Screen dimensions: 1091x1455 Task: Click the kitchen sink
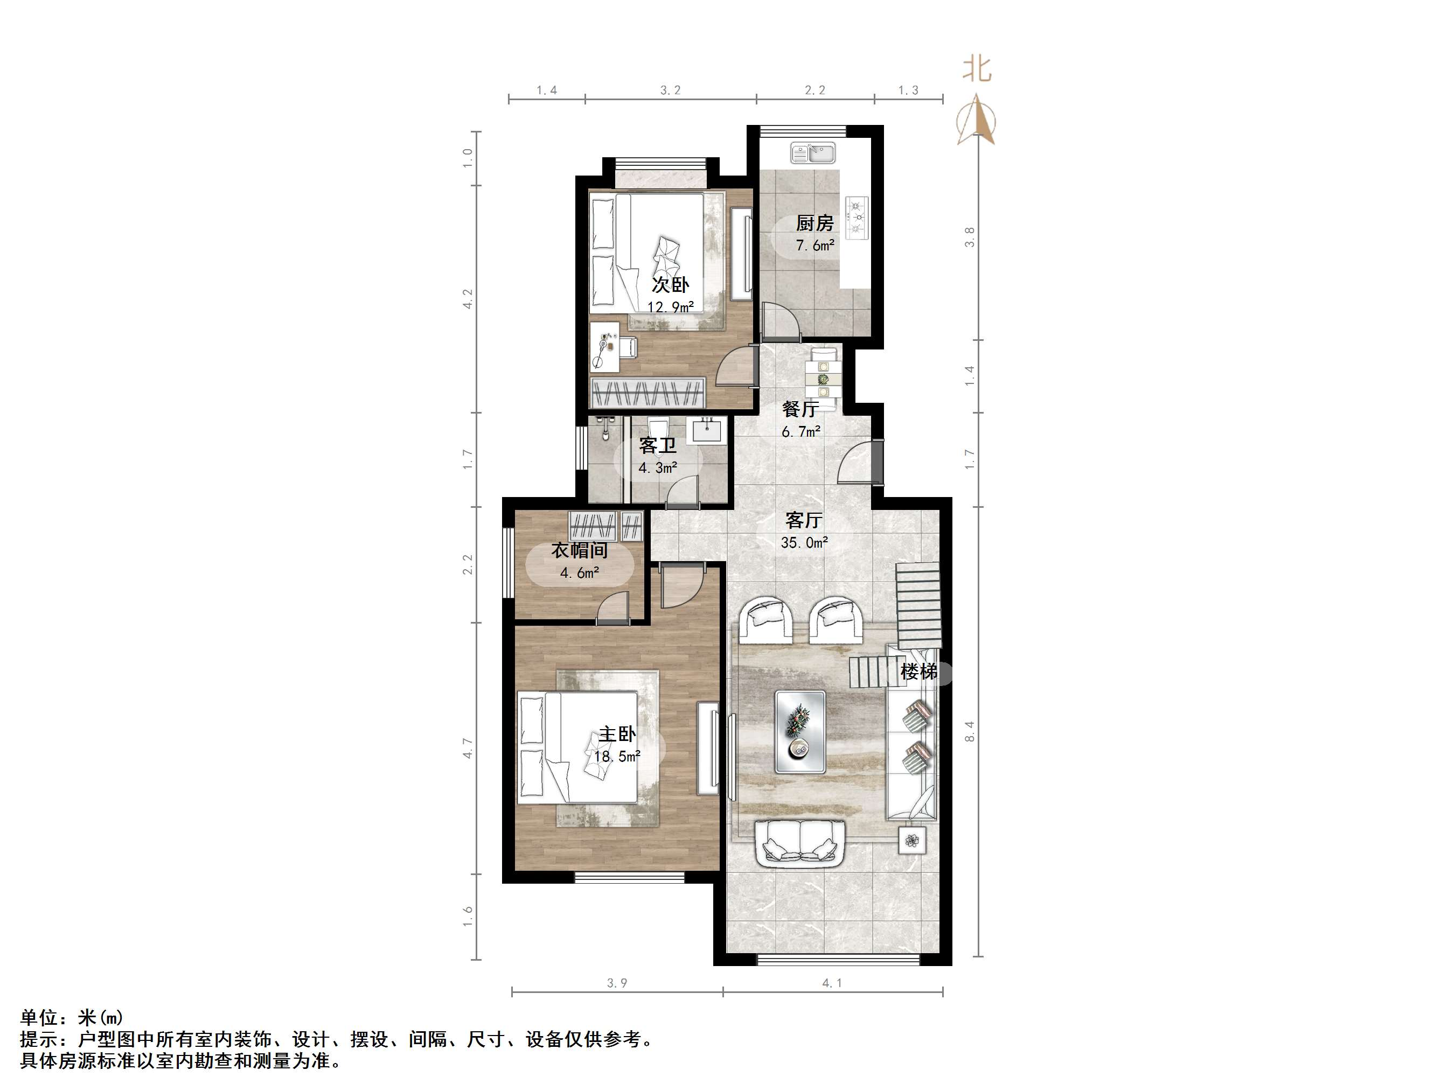[x=813, y=153]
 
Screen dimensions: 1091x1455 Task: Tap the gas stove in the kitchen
[x=857, y=217]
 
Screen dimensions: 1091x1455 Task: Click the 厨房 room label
[x=815, y=223]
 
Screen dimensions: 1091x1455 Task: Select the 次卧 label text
[x=670, y=285]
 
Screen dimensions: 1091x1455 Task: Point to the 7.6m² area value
[x=815, y=246]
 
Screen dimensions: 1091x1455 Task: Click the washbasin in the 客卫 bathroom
[x=707, y=431]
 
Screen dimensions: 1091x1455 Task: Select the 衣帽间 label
[x=579, y=550]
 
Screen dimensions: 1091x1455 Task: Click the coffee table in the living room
[x=800, y=731]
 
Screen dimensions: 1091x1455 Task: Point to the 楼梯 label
[x=919, y=672]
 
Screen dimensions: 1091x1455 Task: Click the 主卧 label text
[x=617, y=734]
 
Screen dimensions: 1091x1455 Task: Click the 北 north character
[x=977, y=69]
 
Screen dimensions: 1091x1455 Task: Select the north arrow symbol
[x=977, y=122]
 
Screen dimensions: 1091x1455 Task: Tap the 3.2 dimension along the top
[x=670, y=90]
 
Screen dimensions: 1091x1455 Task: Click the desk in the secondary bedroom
[x=605, y=348]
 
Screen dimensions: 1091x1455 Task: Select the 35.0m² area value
[x=804, y=543]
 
